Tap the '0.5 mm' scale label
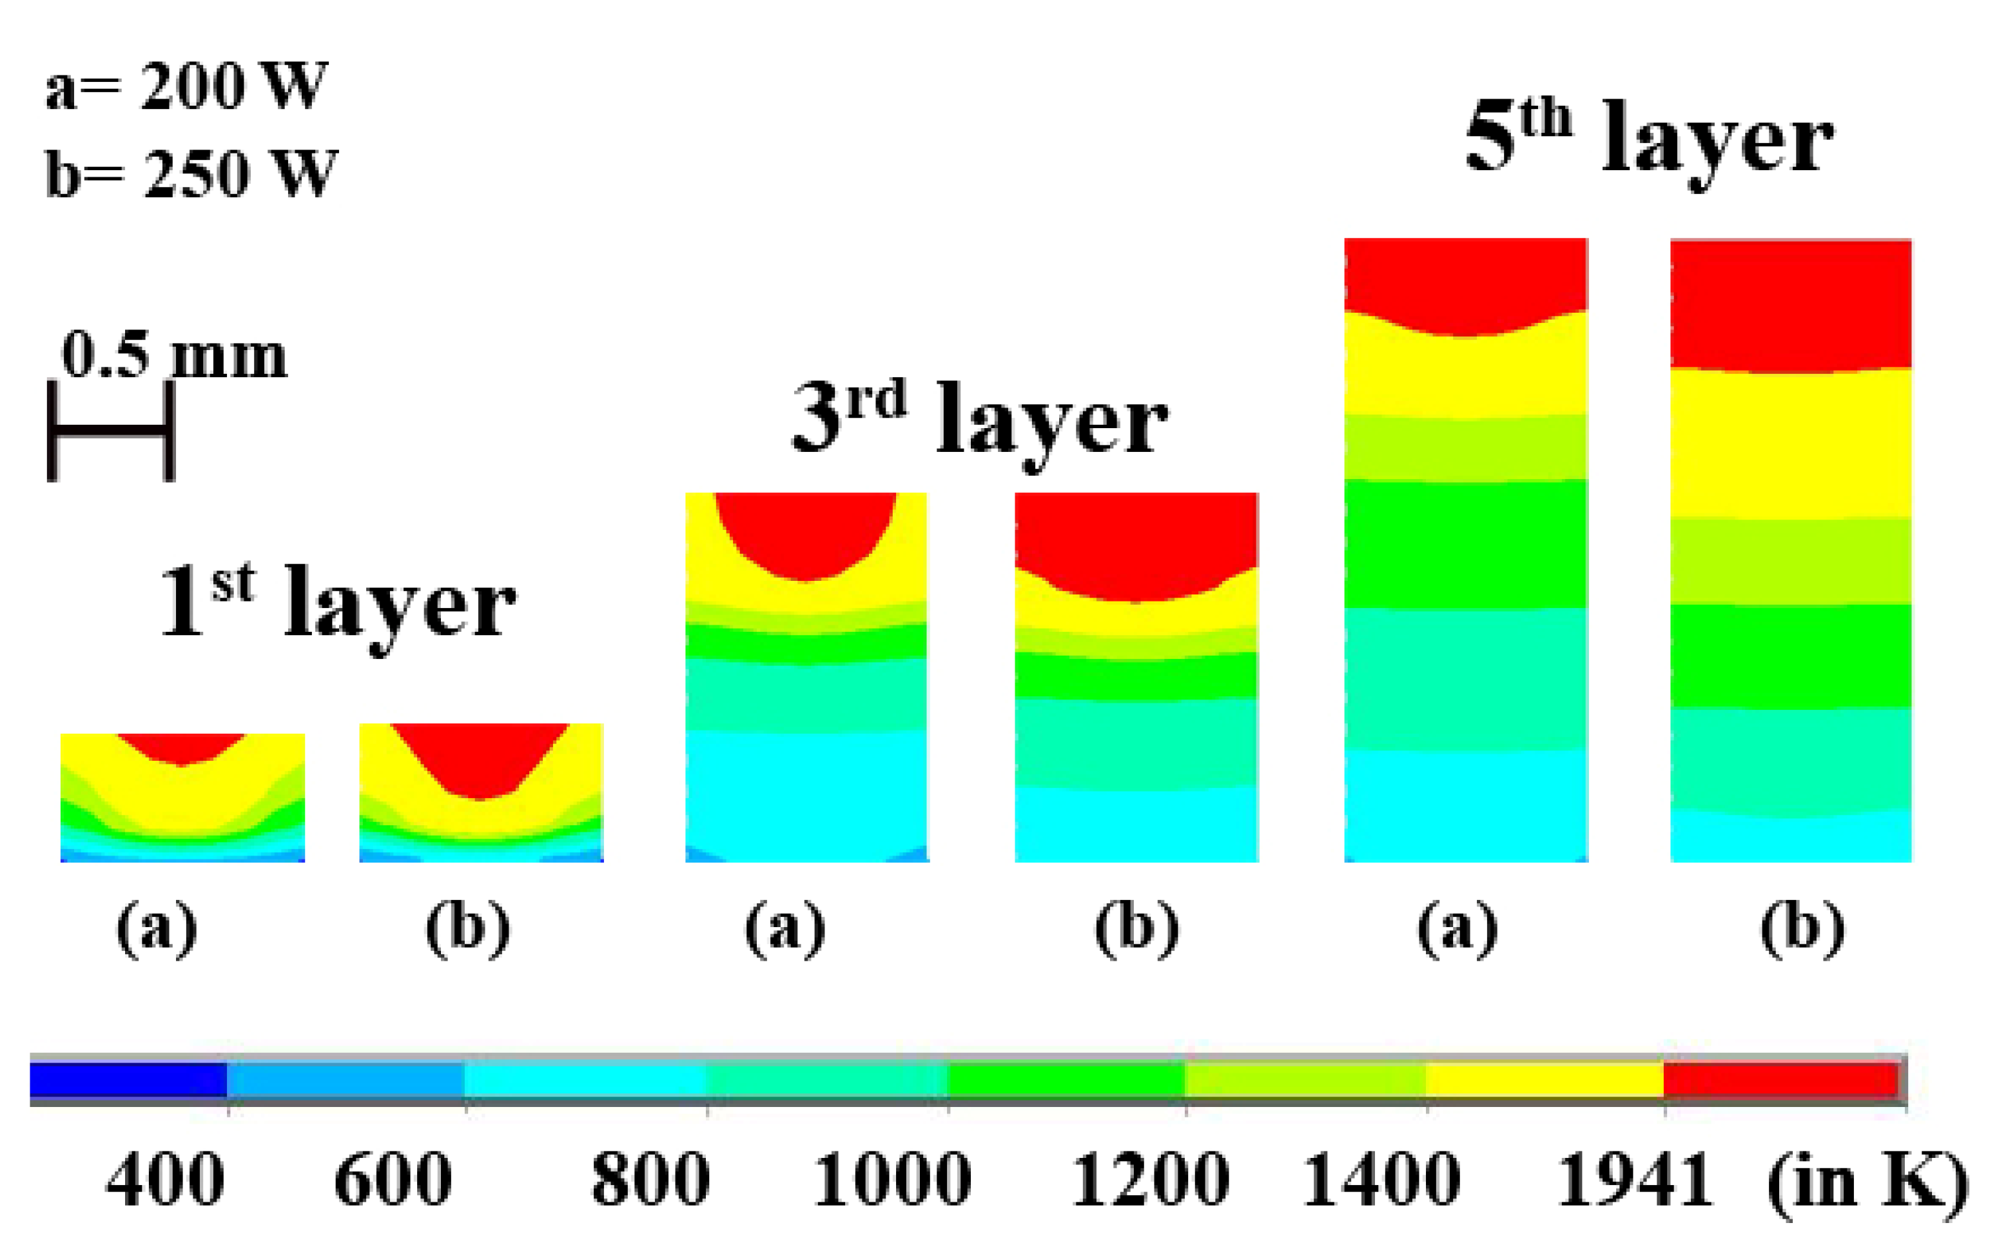(174, 355)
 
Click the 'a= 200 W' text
(186, 86)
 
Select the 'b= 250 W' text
(191, 173)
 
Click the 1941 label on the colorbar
(1634, 1179)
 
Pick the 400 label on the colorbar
(165, 1179)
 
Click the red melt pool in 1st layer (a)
(182, 747)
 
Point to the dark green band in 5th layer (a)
(1465, 544)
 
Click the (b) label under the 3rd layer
(1136, 928)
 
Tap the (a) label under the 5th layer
(1458, 928)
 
